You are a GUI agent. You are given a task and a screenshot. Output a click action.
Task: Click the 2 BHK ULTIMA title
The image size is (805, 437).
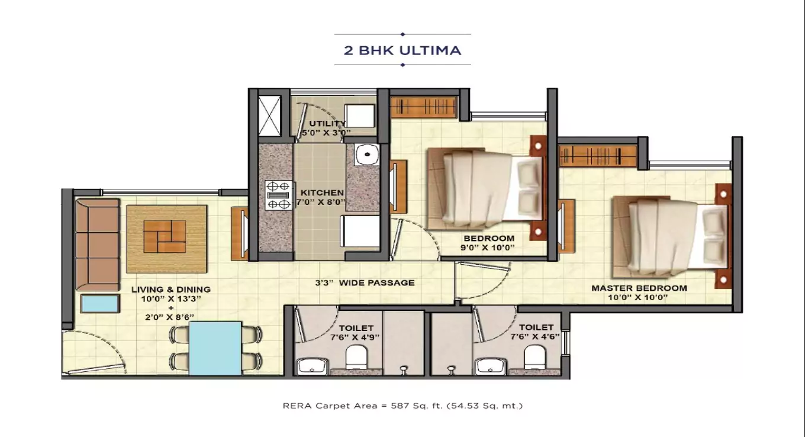(x=402, y=50)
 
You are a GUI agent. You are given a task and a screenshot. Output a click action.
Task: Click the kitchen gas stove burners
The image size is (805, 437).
(x=278, y=195)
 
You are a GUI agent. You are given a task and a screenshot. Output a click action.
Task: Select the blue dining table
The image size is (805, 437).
(x=215, y=348)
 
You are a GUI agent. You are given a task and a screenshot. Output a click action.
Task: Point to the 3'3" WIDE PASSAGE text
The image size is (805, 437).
(x=364, y=282)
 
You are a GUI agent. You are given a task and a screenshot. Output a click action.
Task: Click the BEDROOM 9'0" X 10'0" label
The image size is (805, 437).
(x=489, y=243)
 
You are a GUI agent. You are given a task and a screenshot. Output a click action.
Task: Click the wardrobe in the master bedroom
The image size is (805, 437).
(x=598, y=156)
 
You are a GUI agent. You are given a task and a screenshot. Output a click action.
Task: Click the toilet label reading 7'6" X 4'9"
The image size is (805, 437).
(x=356, y=332)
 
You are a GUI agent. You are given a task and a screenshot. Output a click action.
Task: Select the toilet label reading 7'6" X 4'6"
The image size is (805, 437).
(x=536, y=331)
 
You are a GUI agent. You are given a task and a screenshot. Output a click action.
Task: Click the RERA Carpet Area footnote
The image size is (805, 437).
(x=402, y=406)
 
